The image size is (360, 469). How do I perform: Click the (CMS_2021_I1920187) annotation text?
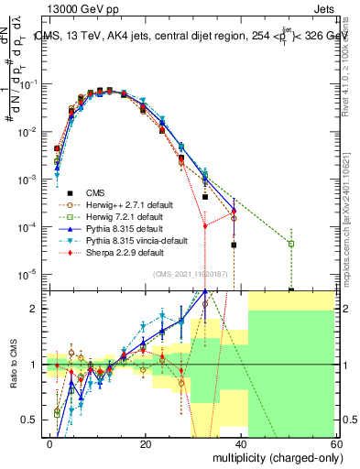pos(191,274)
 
